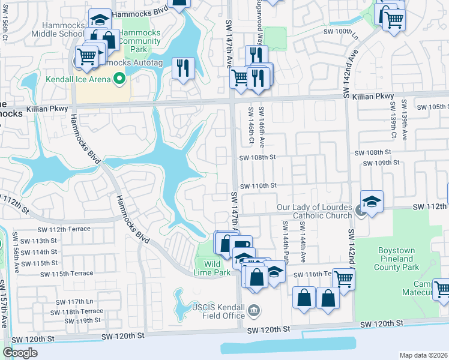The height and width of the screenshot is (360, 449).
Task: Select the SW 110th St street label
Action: tap(258, 186)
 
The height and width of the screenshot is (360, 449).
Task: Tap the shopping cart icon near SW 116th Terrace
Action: tap(343, 278)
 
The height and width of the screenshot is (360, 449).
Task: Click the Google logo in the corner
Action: tap(20, 353)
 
